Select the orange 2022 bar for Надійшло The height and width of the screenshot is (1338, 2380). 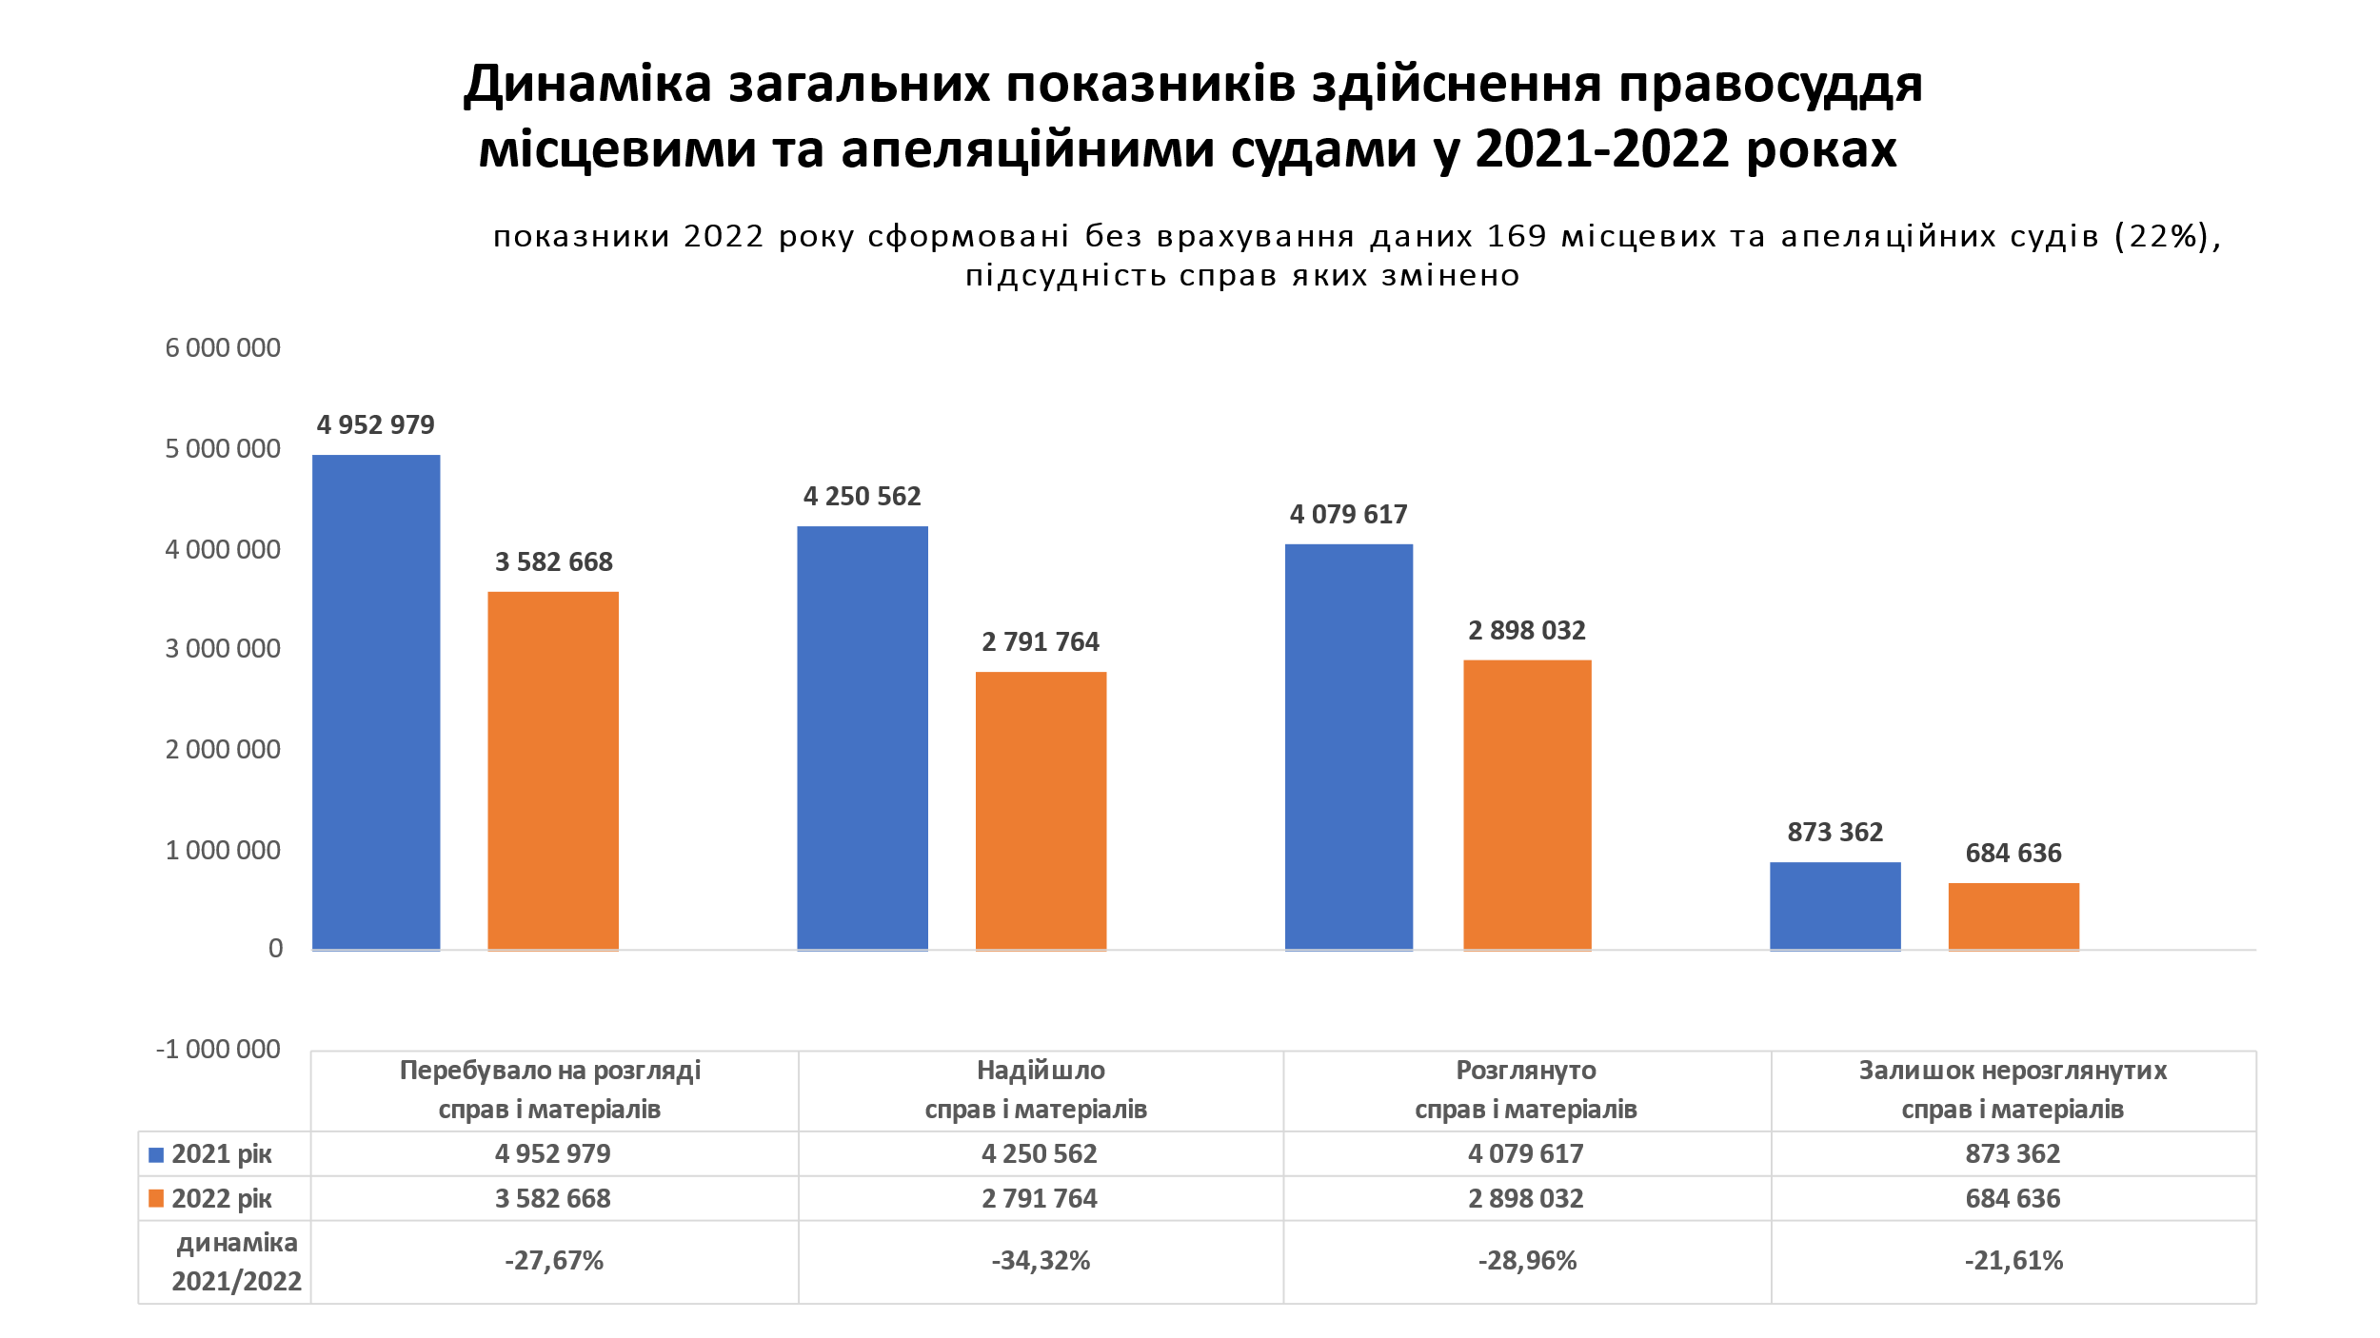pyautogui.click(x=1041, y=810)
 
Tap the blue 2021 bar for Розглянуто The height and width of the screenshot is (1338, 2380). pyautogui.click(x=1348, y=746)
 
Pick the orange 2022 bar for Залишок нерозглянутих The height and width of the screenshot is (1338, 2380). pyautogui.click(x=2013, y=915)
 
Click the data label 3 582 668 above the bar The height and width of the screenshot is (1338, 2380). pyautogui.click(x=553, y=562)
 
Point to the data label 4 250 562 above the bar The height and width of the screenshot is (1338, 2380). pyautogui.click(x=862, y=497)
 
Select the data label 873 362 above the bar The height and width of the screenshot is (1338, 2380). pyautogui.click(x=1835, y=833)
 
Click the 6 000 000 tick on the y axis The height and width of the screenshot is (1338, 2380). pyautogui.click(x=223, y=348)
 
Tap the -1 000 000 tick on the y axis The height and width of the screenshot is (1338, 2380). pyautogui.click(x=218, y=1050)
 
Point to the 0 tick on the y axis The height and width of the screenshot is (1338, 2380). pyautogui.click(x=275, y=949)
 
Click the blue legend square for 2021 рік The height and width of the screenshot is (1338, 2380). pyautogui.click(x=156, y=1155)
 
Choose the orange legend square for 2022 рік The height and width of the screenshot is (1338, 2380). pyautogui.click(x=156, y=1199)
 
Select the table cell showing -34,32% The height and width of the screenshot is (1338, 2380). pyautogui.click(x=1041, y=1262)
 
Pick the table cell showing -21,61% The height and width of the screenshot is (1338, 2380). pyautogui.click(x=2013, y=1262)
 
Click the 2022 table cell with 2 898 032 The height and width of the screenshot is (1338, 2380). pyautogui.click(x=1526, y=1199)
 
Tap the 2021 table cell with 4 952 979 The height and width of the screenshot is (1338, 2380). pyautogui.click(x=553, y=1154)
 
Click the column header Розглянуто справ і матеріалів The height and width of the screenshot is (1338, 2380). pyautogui.click(x=1526, y=1091)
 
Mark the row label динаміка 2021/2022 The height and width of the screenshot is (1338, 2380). pyautogui.click(x=236, y=1262)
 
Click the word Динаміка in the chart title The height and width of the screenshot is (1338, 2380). pyautogui.click(x=587, y=84)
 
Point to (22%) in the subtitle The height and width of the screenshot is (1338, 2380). pyautogui.click(x=2167, y=236)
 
